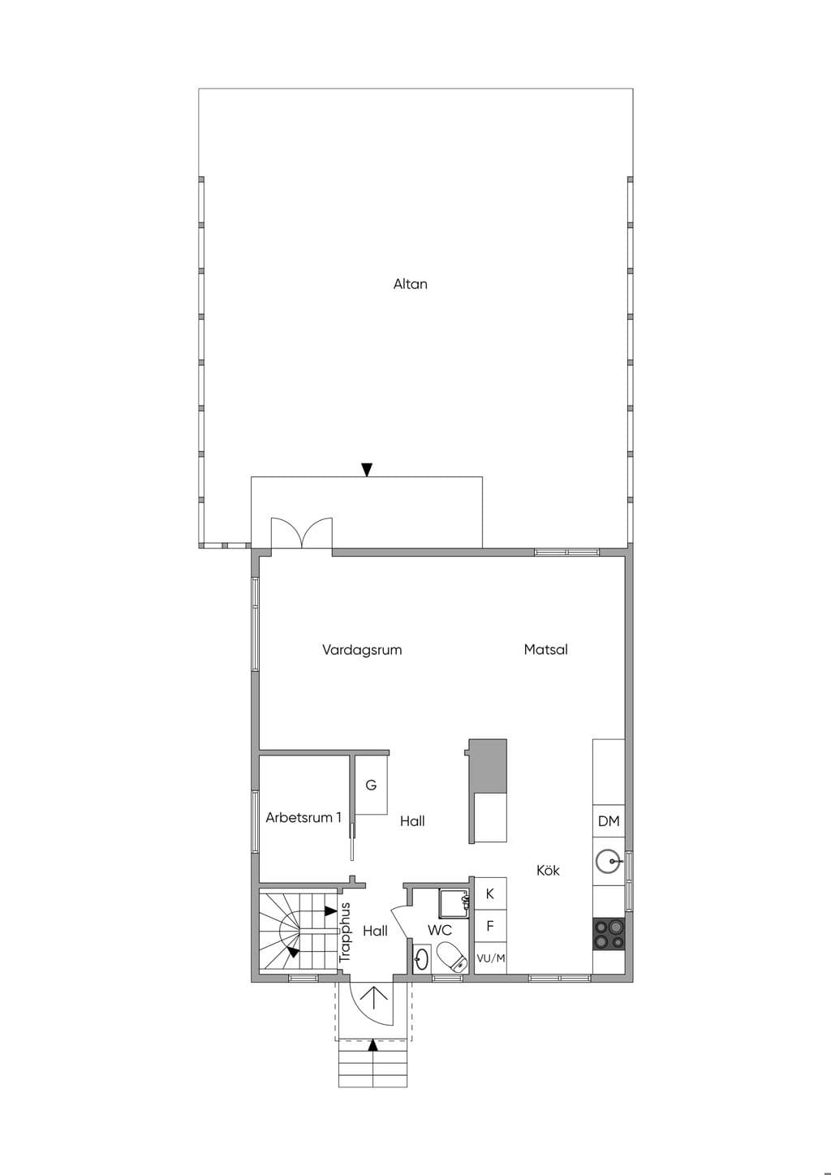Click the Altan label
(x=411, y=284)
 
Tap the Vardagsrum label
(x=362, y=651)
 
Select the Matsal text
(x=545, y=649)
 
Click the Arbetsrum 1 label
(x=304, y=817)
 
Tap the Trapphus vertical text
(x=345, y=932)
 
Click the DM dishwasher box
(x=609, y=821)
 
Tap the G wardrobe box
(x=371, y=785)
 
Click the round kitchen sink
(x=609, y=861)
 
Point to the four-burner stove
(x=609, y=934)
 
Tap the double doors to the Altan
(x=302, y=533)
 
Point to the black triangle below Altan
(x=367, y=470)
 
